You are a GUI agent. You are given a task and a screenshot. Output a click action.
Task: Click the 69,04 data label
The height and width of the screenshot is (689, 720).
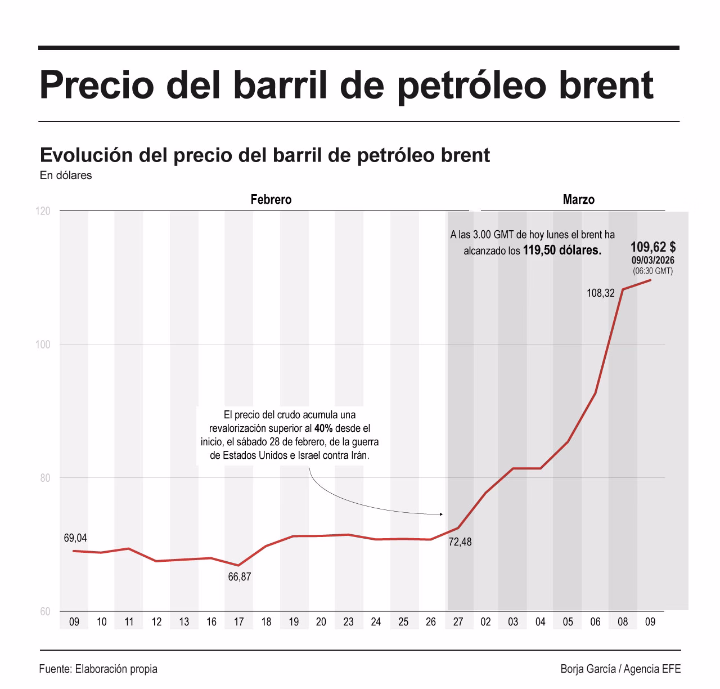(x=75, y=538)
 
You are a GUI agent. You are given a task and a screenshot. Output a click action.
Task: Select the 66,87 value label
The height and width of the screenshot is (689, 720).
(x=240, y=577)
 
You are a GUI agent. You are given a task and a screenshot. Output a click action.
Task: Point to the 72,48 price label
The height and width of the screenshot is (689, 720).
(x=460, y=542)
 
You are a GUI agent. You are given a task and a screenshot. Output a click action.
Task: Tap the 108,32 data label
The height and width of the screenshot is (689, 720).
(x=601, y=293)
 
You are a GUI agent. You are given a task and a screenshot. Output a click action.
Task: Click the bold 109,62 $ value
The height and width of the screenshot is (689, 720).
(x=653, y=247)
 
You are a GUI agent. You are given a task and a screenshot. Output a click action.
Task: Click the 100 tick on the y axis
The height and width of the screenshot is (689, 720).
(x=43, y=344)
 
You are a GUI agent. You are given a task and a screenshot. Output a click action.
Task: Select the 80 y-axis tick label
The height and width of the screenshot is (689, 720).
(x=44, y=478)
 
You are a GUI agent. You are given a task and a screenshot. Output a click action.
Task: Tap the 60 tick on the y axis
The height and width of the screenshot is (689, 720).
(x=44, y=612)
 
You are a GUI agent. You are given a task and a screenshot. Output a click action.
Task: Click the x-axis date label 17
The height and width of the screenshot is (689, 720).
(x=239, y=622)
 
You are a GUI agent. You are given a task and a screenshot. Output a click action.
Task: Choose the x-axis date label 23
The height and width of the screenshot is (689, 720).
(x=349, y=622)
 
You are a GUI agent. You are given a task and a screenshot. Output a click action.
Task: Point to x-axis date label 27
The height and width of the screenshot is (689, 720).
(x=458, y=622)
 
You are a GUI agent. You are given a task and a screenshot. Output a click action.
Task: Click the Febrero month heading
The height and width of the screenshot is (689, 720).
(x=271, y=200)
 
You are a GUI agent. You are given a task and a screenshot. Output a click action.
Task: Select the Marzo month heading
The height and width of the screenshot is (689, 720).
(x=578, y=200)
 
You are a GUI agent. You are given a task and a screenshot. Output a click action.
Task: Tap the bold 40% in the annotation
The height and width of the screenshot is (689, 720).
(x=323, y=428)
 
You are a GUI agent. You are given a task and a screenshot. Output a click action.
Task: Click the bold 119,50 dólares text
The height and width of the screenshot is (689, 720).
(x=562, y=250)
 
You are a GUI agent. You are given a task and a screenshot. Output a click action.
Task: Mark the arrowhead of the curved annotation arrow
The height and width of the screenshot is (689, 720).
(x=441, y=514)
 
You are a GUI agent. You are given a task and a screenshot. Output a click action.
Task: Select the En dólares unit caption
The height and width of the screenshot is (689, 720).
(x=66, y=176)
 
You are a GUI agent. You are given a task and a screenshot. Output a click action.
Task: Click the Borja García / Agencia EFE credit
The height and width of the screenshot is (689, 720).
(x=620, y=669)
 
